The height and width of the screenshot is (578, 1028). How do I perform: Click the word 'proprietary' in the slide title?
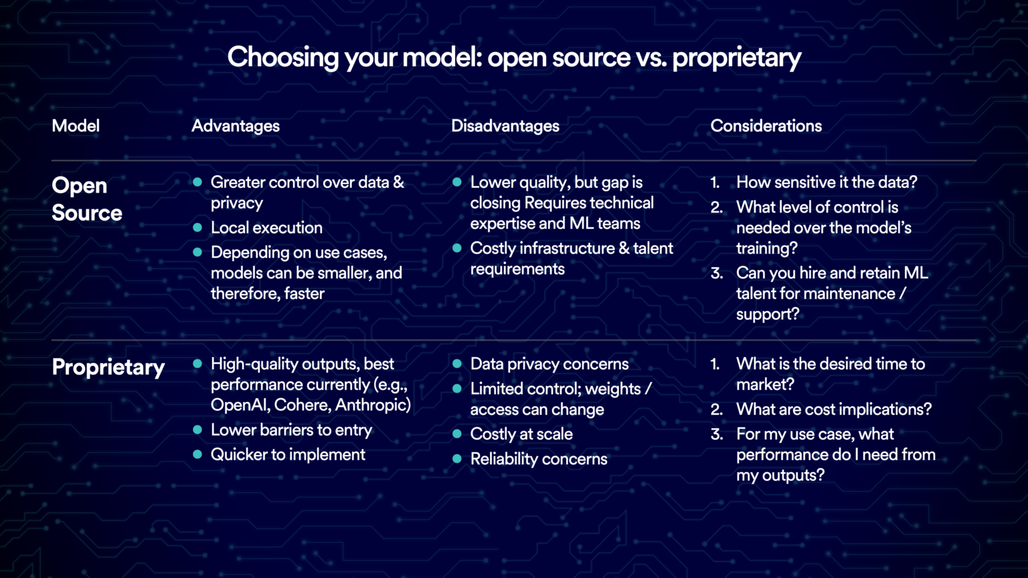[x=736, y=58]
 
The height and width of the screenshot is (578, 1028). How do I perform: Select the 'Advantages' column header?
[x=236, y=126]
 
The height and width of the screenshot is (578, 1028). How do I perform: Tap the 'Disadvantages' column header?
[x=505, y=126]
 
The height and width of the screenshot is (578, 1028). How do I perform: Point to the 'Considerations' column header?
[x=766, y=126]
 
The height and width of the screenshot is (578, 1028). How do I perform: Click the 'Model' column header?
[x=76, y=126]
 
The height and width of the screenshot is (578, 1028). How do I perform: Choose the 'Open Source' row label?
[x=86, y=199]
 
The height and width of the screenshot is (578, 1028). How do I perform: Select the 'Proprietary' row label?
[x=108, y=367]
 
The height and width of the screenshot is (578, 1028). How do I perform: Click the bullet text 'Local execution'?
[x=266, y=227]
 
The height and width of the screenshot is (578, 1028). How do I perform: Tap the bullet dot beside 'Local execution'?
[x=197, y=227]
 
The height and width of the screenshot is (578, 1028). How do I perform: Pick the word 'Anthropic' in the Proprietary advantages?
[x=374, y=405]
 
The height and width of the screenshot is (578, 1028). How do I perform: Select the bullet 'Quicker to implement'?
[x=288, y=454]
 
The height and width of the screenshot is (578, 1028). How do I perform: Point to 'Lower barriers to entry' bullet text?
[x=291, y=429]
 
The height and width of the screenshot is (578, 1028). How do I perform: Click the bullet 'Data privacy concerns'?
[x=549, y=364]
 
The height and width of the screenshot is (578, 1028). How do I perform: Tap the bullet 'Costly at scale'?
[x=521, y=434]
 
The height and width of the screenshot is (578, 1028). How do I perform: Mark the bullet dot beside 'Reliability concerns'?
[x=457, y=459]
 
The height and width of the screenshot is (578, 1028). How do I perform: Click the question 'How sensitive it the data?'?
[x=827, y=182]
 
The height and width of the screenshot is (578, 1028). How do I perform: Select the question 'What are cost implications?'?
[x=834, y=409]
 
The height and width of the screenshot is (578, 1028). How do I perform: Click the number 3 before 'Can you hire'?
[x=717, y=273]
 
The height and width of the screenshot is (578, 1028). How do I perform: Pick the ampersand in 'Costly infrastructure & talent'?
[x=624, y=248]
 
